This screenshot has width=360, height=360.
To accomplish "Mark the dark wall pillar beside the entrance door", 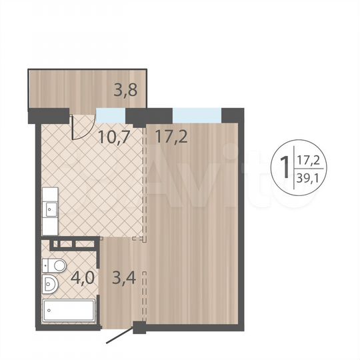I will point(139,327).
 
